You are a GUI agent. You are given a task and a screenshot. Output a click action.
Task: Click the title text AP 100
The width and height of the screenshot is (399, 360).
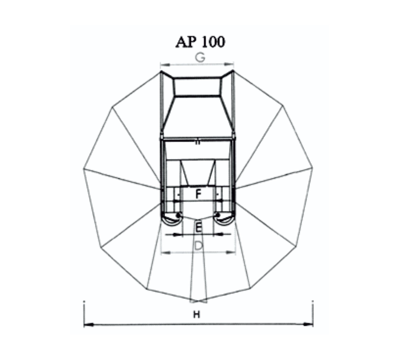tap(200, 42)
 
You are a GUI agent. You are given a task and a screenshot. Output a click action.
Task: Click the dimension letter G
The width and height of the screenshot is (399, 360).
tap(200, 58)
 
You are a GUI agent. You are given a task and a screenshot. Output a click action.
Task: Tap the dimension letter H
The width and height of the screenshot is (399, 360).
tap(197, 315)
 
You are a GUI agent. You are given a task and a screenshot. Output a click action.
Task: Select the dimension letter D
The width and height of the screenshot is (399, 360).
tap(198, 246)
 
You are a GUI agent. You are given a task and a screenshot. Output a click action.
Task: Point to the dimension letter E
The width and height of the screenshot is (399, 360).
tap(199, 228)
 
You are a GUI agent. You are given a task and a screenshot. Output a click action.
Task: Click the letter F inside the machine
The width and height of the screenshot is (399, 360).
tap(198, 194)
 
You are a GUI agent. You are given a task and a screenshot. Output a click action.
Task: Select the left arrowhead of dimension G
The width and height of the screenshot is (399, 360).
tap(165, 65)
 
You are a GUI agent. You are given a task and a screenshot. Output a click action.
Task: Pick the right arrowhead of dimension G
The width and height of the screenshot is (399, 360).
tap(229, 64)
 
